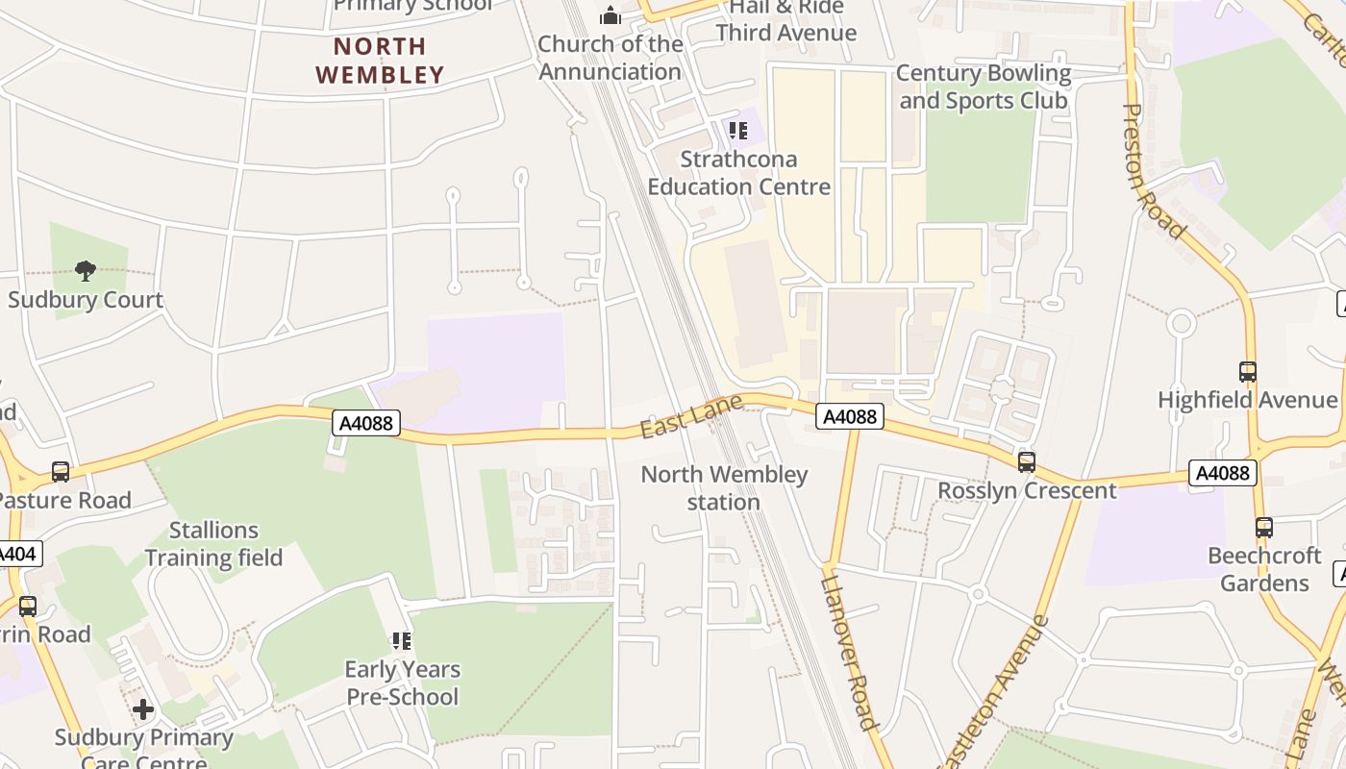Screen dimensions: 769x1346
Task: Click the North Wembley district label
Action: (x=380, y=60)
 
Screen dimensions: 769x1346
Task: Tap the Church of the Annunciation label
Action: (x=610, y=58)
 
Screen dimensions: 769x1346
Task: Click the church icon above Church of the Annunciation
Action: (x=611, y=15)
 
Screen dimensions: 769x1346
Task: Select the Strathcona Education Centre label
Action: (x=738, y=173)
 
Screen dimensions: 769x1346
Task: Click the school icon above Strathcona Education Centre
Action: (x=737, y=131)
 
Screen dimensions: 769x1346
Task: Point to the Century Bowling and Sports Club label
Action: (x=983, y=87)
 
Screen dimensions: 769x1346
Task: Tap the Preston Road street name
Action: (x=1153, y=171)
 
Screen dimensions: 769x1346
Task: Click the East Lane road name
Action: (x=691, y=416)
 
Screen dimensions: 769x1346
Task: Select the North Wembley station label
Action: (x=724, y=487)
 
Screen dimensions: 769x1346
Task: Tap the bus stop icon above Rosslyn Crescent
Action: (x=1027, y=461)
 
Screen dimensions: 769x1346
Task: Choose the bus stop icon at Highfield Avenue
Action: (x=1247, y=371)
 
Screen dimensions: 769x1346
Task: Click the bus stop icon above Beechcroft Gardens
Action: (x=1263, y=527)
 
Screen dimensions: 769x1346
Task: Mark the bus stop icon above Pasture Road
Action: (x=61, y=471)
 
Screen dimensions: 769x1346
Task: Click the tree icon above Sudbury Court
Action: (x=86, y=271)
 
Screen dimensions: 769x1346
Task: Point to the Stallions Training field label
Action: (x=213, y=544)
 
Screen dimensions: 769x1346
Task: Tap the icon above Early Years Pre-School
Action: (x=402, y=640)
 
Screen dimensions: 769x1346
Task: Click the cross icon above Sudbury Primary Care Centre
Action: (x=143, y=709)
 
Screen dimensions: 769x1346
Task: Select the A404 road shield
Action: (x=17, y=554)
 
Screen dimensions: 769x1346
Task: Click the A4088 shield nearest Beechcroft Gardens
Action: (x=1222, y=472)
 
